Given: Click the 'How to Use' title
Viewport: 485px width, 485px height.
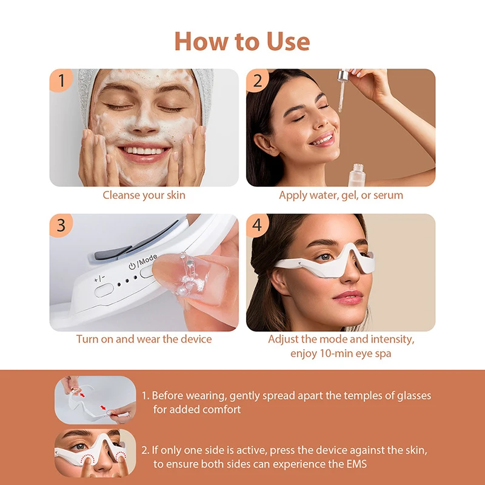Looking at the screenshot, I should click(x=242, y=41).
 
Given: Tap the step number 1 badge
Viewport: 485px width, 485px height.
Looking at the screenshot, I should click(x=61, y=81).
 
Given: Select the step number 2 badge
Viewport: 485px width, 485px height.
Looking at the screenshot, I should click(x=257, y=81).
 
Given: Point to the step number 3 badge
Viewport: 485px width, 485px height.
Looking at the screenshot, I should click(x=61, y=225).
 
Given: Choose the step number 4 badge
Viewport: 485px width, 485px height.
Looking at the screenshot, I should click(x=257, y=225).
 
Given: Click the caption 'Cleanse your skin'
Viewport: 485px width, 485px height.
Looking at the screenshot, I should click(x=144, y=195).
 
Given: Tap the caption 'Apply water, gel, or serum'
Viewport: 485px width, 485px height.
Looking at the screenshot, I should click(x=341, y=195).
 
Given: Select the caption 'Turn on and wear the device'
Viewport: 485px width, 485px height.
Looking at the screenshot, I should click(x=144, y=339).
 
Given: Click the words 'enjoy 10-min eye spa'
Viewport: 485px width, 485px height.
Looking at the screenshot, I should click(x=341, y=353).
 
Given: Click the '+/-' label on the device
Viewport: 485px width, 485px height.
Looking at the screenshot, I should click(x=98, y=279).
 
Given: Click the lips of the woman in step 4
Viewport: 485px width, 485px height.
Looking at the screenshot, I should click(x=348, y=296).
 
